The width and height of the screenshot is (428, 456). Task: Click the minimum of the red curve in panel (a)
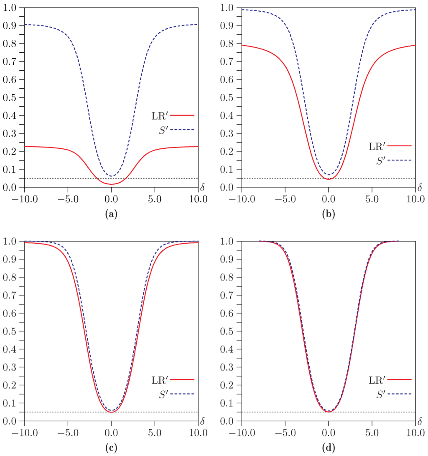(x=111, y=184)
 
